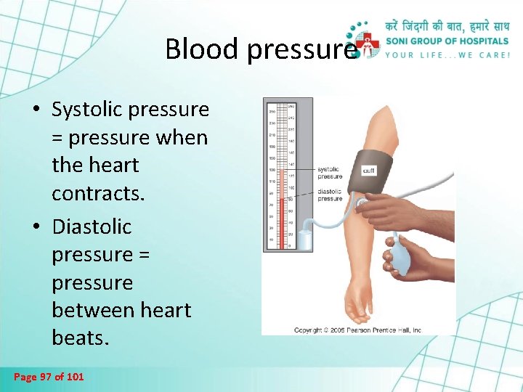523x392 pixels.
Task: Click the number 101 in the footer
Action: click(75, 377)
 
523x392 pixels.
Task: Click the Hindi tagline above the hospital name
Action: click(447, 25)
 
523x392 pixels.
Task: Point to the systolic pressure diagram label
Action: click(330, 173)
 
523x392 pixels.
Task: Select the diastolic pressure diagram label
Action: click(330, 195)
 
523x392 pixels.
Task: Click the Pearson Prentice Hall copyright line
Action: click(357, 330)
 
